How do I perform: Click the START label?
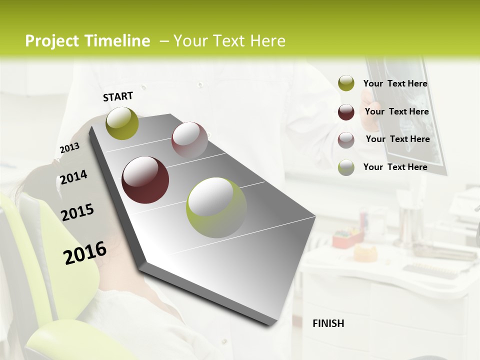coord(118,96)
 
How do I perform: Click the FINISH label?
coord(328,323)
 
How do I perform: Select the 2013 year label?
coord(69,148)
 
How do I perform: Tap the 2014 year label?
coord(73,177)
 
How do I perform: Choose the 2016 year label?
coord(85,253)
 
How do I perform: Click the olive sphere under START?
coord(122,123)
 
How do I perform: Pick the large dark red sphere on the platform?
coord(145,180)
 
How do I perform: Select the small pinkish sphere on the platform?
coord(189,139)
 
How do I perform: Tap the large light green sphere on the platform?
coord(216,207)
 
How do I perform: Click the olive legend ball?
coord(346,83)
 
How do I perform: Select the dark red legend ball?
coord(346,112)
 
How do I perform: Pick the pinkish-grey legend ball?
coord(346,140)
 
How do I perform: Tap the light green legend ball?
coord(346,167)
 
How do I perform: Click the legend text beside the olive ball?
coord(395,84)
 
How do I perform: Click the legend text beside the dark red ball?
coord(396,111)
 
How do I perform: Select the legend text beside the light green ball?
coord(395,167)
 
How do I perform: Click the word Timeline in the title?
coord(117,41)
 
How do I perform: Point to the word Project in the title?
coord(51,41)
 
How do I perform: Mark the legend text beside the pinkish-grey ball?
coord(397,139)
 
